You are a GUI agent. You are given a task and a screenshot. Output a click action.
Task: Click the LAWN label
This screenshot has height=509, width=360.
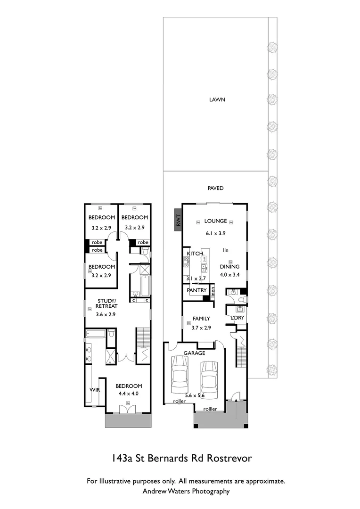(217, 100)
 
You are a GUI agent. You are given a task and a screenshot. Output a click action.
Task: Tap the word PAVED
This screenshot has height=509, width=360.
(215, 189)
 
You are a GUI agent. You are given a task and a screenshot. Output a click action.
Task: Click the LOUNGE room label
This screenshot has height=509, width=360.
(215, 221)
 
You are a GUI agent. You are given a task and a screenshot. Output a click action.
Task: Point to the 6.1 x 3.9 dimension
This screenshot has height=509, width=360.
(215, 233)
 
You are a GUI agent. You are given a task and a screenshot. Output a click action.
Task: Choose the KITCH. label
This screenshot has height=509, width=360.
(196, 254)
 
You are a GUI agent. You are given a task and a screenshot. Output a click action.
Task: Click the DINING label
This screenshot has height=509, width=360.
(229, 267)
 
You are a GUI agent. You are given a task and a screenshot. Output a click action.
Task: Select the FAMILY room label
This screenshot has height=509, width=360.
(200, 319)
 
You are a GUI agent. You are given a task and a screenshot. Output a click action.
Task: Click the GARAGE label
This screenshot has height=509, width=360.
(194, 353)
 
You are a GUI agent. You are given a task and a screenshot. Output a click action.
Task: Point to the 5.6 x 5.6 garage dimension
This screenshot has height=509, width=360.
(194, 396)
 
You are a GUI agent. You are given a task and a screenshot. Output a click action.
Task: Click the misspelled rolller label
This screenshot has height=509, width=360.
(210, 409)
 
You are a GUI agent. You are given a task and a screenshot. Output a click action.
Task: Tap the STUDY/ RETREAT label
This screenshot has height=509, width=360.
(106, 304)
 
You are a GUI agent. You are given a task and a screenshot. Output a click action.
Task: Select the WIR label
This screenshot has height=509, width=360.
(95, 390)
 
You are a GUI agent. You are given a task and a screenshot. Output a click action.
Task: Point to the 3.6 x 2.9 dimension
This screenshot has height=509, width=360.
(106, 314)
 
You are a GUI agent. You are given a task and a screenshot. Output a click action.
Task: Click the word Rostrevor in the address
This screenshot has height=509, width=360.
(228, 458)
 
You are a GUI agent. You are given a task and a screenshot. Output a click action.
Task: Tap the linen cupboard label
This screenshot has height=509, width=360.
(213, 291)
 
